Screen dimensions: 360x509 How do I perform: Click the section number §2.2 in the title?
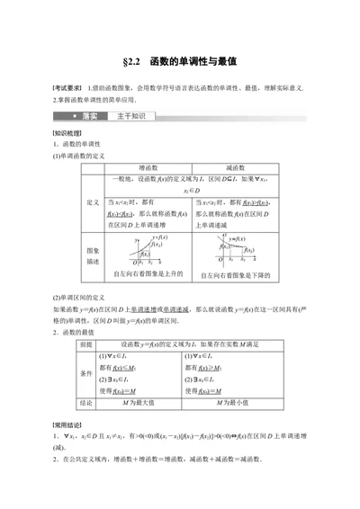133,63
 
